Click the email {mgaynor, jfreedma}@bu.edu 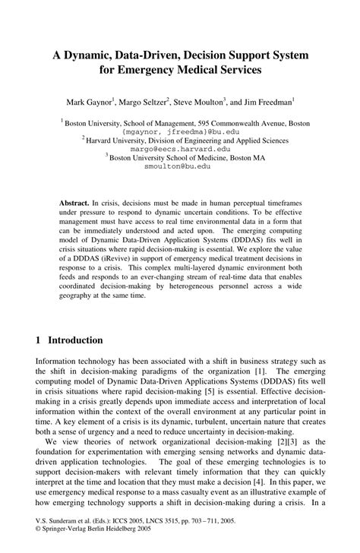point(179,131)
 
